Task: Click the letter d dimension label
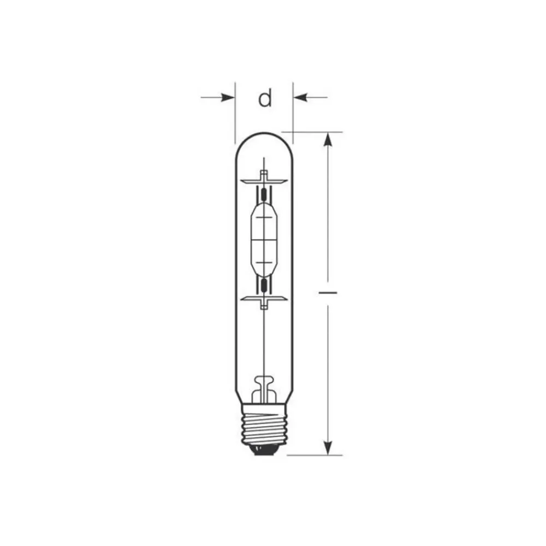point(265,98)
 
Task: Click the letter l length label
point(328,293)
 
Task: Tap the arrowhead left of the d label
point(228,98)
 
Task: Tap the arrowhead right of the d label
point(300,98)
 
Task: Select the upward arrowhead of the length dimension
point(328,140)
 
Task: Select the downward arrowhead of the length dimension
point(328,448)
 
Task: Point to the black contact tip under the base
point(264,450)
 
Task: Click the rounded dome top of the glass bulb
point(264,133)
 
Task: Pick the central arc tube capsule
point(264,239)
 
